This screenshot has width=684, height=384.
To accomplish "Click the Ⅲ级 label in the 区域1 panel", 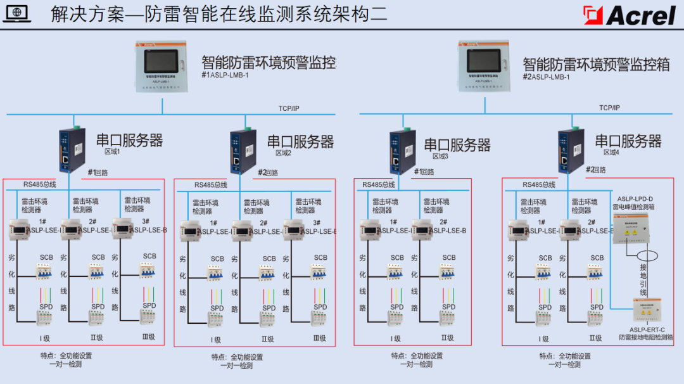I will pyautogui.click(x=148, y=337).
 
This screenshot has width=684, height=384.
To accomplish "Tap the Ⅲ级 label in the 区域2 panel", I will pyautogui.click(x=319, y=339).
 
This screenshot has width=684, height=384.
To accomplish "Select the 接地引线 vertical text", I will pyautogui.click(x=643, y=279).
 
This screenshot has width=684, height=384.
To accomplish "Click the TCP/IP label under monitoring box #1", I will pyautogui.click(x=289, y=108).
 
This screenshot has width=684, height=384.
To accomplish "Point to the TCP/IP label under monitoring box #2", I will pyautogui.click(x=610, y=108).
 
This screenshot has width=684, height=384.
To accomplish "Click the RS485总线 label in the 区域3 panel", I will pyautogui.click(x=379, y=185).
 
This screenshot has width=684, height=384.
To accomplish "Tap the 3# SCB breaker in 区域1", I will pyautogui.click(x=148, y=271).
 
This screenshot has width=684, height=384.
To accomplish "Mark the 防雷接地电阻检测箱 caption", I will pyautogui.click(x=646, y=337).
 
